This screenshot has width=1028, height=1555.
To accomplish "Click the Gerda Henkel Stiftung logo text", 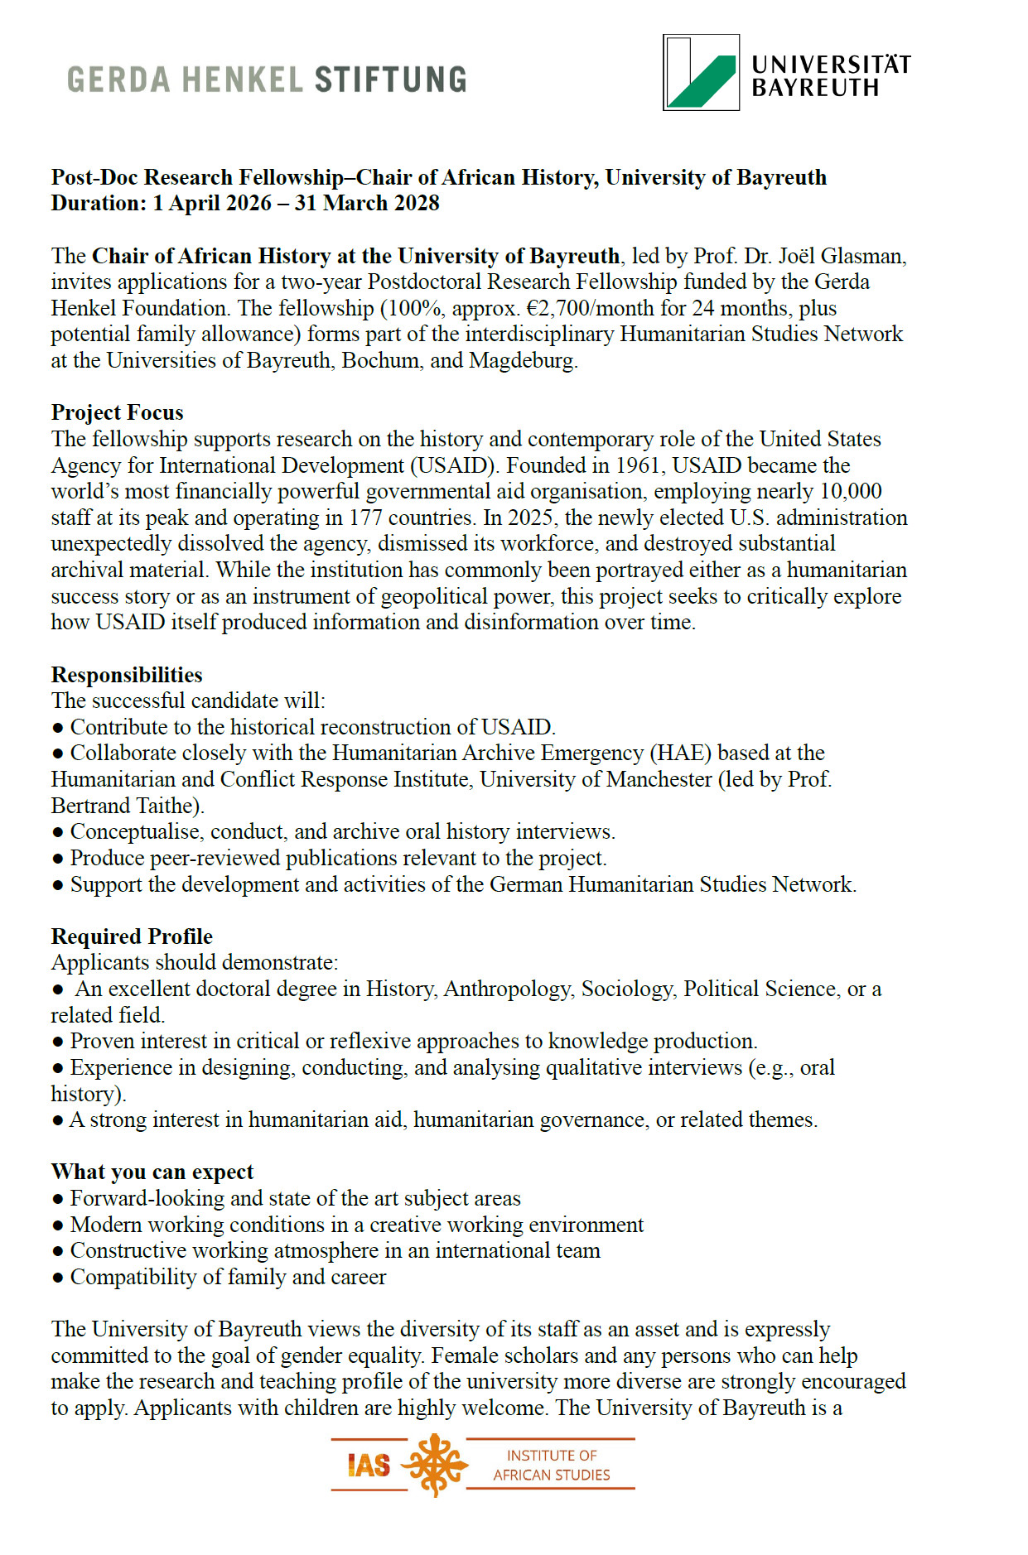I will point(267,79).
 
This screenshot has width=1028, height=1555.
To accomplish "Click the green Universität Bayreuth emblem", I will point(701,73).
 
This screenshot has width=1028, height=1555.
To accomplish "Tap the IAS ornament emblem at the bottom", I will point(436,1465).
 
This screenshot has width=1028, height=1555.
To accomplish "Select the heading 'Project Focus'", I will point(118,412).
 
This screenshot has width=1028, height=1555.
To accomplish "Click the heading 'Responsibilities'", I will point(127,675).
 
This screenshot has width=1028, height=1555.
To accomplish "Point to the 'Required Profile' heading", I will point(132,936).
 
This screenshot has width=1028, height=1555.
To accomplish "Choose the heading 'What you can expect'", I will point(152,1172).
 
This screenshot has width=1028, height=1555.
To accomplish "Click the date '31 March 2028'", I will point(367,203).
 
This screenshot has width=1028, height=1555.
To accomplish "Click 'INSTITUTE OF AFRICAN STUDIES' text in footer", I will point(551,1465).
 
